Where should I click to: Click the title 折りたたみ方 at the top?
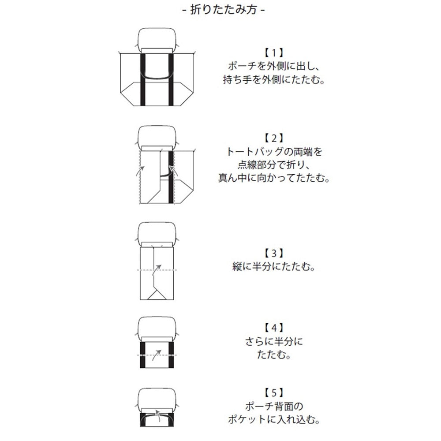(220, 9)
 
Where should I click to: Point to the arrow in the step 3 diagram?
(157, 269)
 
